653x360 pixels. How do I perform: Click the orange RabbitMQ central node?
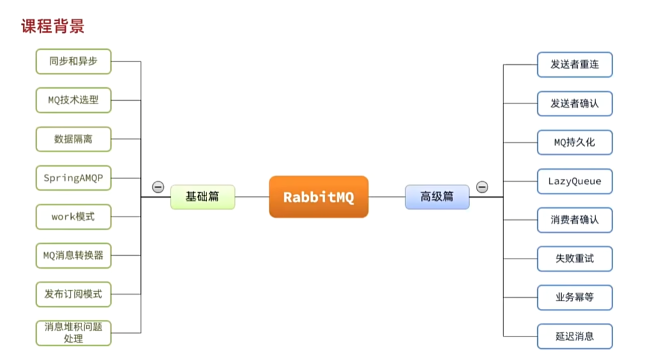[x=318, y=197]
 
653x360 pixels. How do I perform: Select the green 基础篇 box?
[x=203, y=197]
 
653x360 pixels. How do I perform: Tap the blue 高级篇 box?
[x=437, y=197]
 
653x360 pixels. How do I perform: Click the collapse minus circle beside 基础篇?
[x=158, y=187]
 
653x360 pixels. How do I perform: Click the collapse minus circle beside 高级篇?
[x=482, y=187]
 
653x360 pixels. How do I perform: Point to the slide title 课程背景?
[x=53, y=26]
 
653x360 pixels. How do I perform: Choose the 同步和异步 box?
[x=73, y=61]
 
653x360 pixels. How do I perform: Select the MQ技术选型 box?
[x=73, y=100]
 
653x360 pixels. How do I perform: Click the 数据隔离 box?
[x=73, y=139]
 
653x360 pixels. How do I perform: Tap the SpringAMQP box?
[x=73, y=178]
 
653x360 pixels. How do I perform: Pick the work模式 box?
[x=73, y=217]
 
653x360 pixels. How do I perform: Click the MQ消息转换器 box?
[x=73, y=256]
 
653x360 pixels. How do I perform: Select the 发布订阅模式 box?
[x=73, y=294]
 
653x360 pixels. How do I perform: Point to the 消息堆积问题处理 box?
[x=73, y=333]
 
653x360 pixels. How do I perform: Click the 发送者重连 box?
[x=574, y=65]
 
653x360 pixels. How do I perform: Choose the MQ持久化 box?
[x=574, y=143]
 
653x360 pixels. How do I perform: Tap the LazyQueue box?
[x=574, y=181]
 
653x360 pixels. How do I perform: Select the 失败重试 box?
[x=574, y=259]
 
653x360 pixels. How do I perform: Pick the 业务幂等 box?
[x=574, y=298]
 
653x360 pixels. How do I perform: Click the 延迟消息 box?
[x=574, y=336]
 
